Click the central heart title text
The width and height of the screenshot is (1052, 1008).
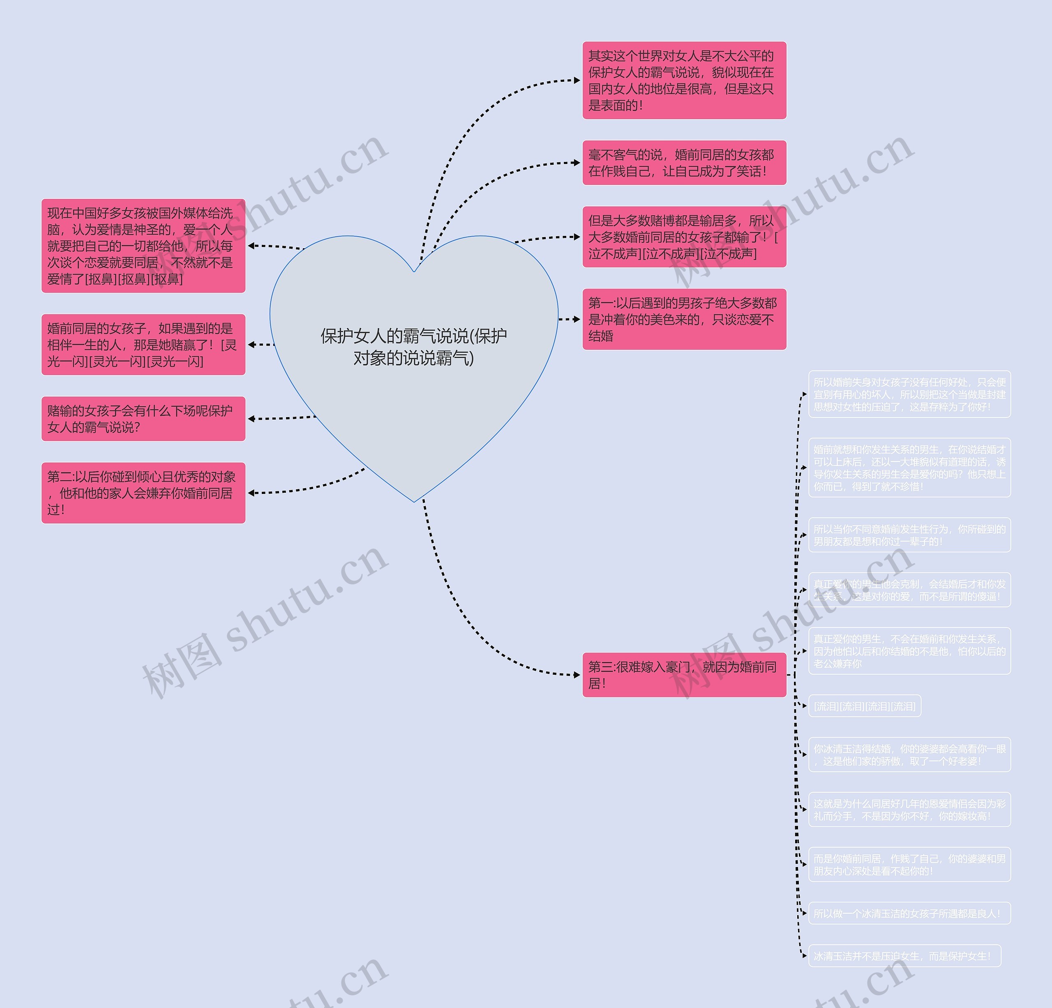tap(413, 347)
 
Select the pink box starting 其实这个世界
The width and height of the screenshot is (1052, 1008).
tap(684, 81)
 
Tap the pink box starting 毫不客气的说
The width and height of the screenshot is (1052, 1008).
tap(684, 163)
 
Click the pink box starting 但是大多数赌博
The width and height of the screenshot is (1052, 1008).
tap(684, 237)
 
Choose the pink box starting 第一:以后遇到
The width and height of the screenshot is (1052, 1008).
tap(684, 319)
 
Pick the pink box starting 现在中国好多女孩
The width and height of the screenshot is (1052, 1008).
tap(143, 246)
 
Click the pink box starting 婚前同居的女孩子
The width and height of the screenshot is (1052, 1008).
tap(143, 345)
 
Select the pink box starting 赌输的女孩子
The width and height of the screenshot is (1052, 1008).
tap(143, 419)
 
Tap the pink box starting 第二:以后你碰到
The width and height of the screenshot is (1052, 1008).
tap(143, 493)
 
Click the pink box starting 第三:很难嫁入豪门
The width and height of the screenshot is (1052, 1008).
tap(684, 675)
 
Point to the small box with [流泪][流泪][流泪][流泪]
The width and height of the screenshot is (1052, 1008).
tap(864, 706)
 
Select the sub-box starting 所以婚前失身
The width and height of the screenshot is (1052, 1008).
tap(909, 394)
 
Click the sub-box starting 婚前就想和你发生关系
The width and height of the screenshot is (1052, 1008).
tap(909, 468)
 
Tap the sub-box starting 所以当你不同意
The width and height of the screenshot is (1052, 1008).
tap(909, 535)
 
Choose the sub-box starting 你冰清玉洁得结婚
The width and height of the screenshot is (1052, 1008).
tap(909, 754)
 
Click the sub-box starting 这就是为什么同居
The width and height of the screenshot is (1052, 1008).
tap(909, 810)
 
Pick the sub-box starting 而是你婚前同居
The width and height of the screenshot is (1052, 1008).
tap(909, 864)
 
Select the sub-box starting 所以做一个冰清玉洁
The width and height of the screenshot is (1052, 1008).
tap(909, 913)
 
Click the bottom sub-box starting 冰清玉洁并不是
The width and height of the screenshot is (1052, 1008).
tap(904, 956)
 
